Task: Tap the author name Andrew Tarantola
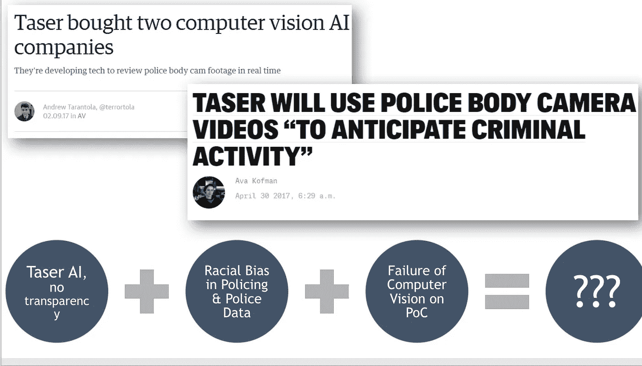pos(70,107)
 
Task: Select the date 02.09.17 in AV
pos(64,116)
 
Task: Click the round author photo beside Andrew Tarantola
pos(24,111)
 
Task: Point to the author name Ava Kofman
pos(256,181)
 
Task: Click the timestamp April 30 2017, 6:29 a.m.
pos(285,196)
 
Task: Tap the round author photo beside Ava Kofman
pos(209,192)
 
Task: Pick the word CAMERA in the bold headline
pos(587,103)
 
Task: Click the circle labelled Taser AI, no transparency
pos(57,291)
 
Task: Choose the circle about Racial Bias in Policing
pos(237,291)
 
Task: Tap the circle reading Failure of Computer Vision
pos(417,291)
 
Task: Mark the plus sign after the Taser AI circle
pos(147,292)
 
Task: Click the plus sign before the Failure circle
pos(327,292)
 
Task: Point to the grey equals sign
pos(507,292)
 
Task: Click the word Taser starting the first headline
pos(39,22)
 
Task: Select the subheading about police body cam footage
pos(147,71)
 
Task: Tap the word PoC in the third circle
pos(417,312)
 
